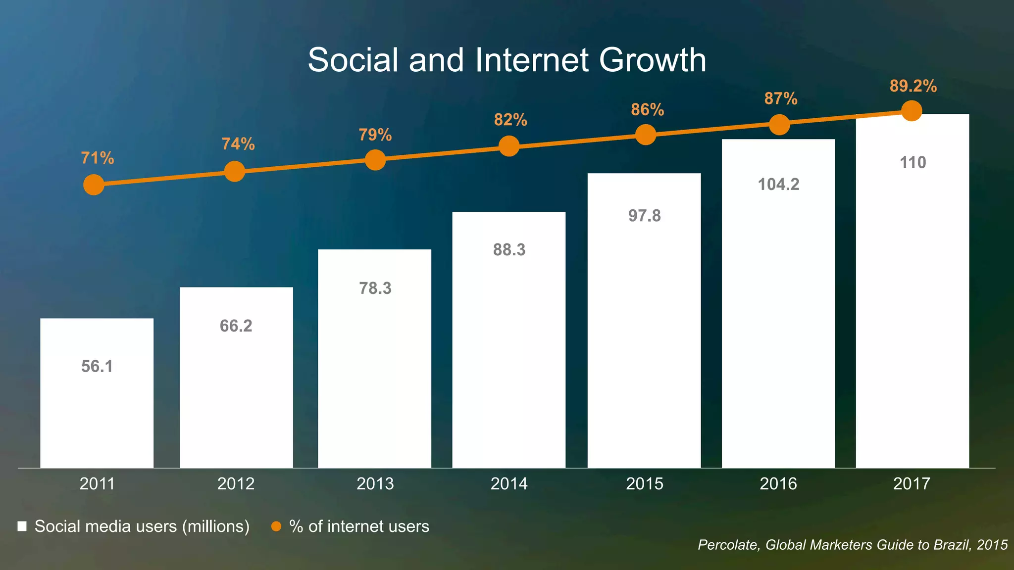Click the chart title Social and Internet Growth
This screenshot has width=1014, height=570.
tap(507, 60)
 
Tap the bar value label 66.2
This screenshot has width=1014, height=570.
tap(236, 326)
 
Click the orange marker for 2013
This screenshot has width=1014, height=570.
tap(375, 160)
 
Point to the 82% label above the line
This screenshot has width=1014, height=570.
tap(510, 120)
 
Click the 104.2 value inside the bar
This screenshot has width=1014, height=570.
tap(778, 185)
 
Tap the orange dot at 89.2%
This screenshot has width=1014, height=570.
tap(912, 110)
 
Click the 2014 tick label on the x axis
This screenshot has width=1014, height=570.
tap(509, 483)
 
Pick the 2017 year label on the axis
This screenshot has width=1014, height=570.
tap(912, 483)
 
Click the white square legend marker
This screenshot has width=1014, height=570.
tap(22, 526)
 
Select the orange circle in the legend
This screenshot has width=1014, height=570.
tap(276, 526)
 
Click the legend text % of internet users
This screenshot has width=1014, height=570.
tap(359, 526)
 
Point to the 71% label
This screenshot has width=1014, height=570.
tap(98, 158)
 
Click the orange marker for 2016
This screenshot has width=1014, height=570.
tap(779, 125)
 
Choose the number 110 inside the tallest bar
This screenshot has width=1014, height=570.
tap(913, 163)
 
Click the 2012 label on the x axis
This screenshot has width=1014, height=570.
tap(236, 483)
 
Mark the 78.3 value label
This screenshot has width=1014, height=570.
tap(375, 288)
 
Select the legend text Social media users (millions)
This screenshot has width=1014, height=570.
tap(142, 526)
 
